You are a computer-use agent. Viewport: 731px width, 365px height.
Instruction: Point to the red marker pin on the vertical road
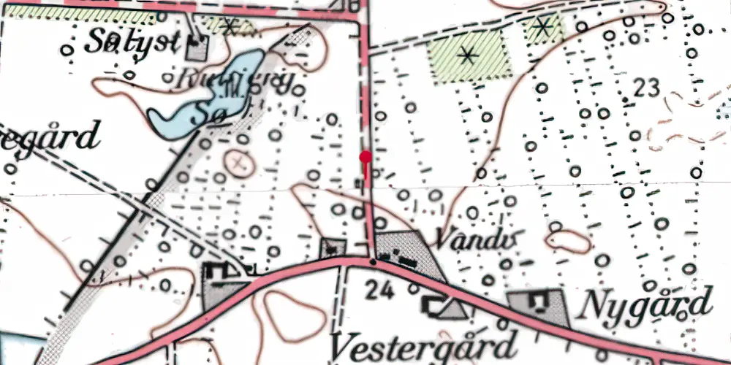click(x=365, y=156)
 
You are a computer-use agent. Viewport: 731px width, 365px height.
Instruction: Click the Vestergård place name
click(x=424, y=344)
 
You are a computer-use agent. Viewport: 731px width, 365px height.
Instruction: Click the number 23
click(x=648, y=88)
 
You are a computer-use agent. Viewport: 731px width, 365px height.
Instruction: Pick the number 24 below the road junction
click(x=381, y=291)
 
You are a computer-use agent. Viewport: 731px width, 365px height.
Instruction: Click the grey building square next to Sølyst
click(x=197, y=48)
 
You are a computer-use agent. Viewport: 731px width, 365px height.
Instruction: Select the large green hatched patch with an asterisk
click(x=468, y=55)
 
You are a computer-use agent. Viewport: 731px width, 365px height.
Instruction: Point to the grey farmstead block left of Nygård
click(x=537, y=304)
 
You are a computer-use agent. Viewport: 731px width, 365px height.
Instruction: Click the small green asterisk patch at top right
click(x=543, y=28)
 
